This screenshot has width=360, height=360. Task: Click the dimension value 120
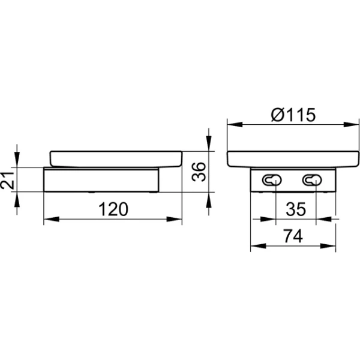113,209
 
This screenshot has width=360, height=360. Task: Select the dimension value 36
199,172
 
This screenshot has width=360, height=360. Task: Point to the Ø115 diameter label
293,115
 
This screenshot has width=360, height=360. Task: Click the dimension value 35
296,209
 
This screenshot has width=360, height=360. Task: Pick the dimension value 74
293,236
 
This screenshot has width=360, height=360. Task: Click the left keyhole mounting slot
272,180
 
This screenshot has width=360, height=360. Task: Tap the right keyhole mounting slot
312,180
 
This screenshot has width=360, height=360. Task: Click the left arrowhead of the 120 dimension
51,219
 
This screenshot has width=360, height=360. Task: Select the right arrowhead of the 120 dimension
174,219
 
